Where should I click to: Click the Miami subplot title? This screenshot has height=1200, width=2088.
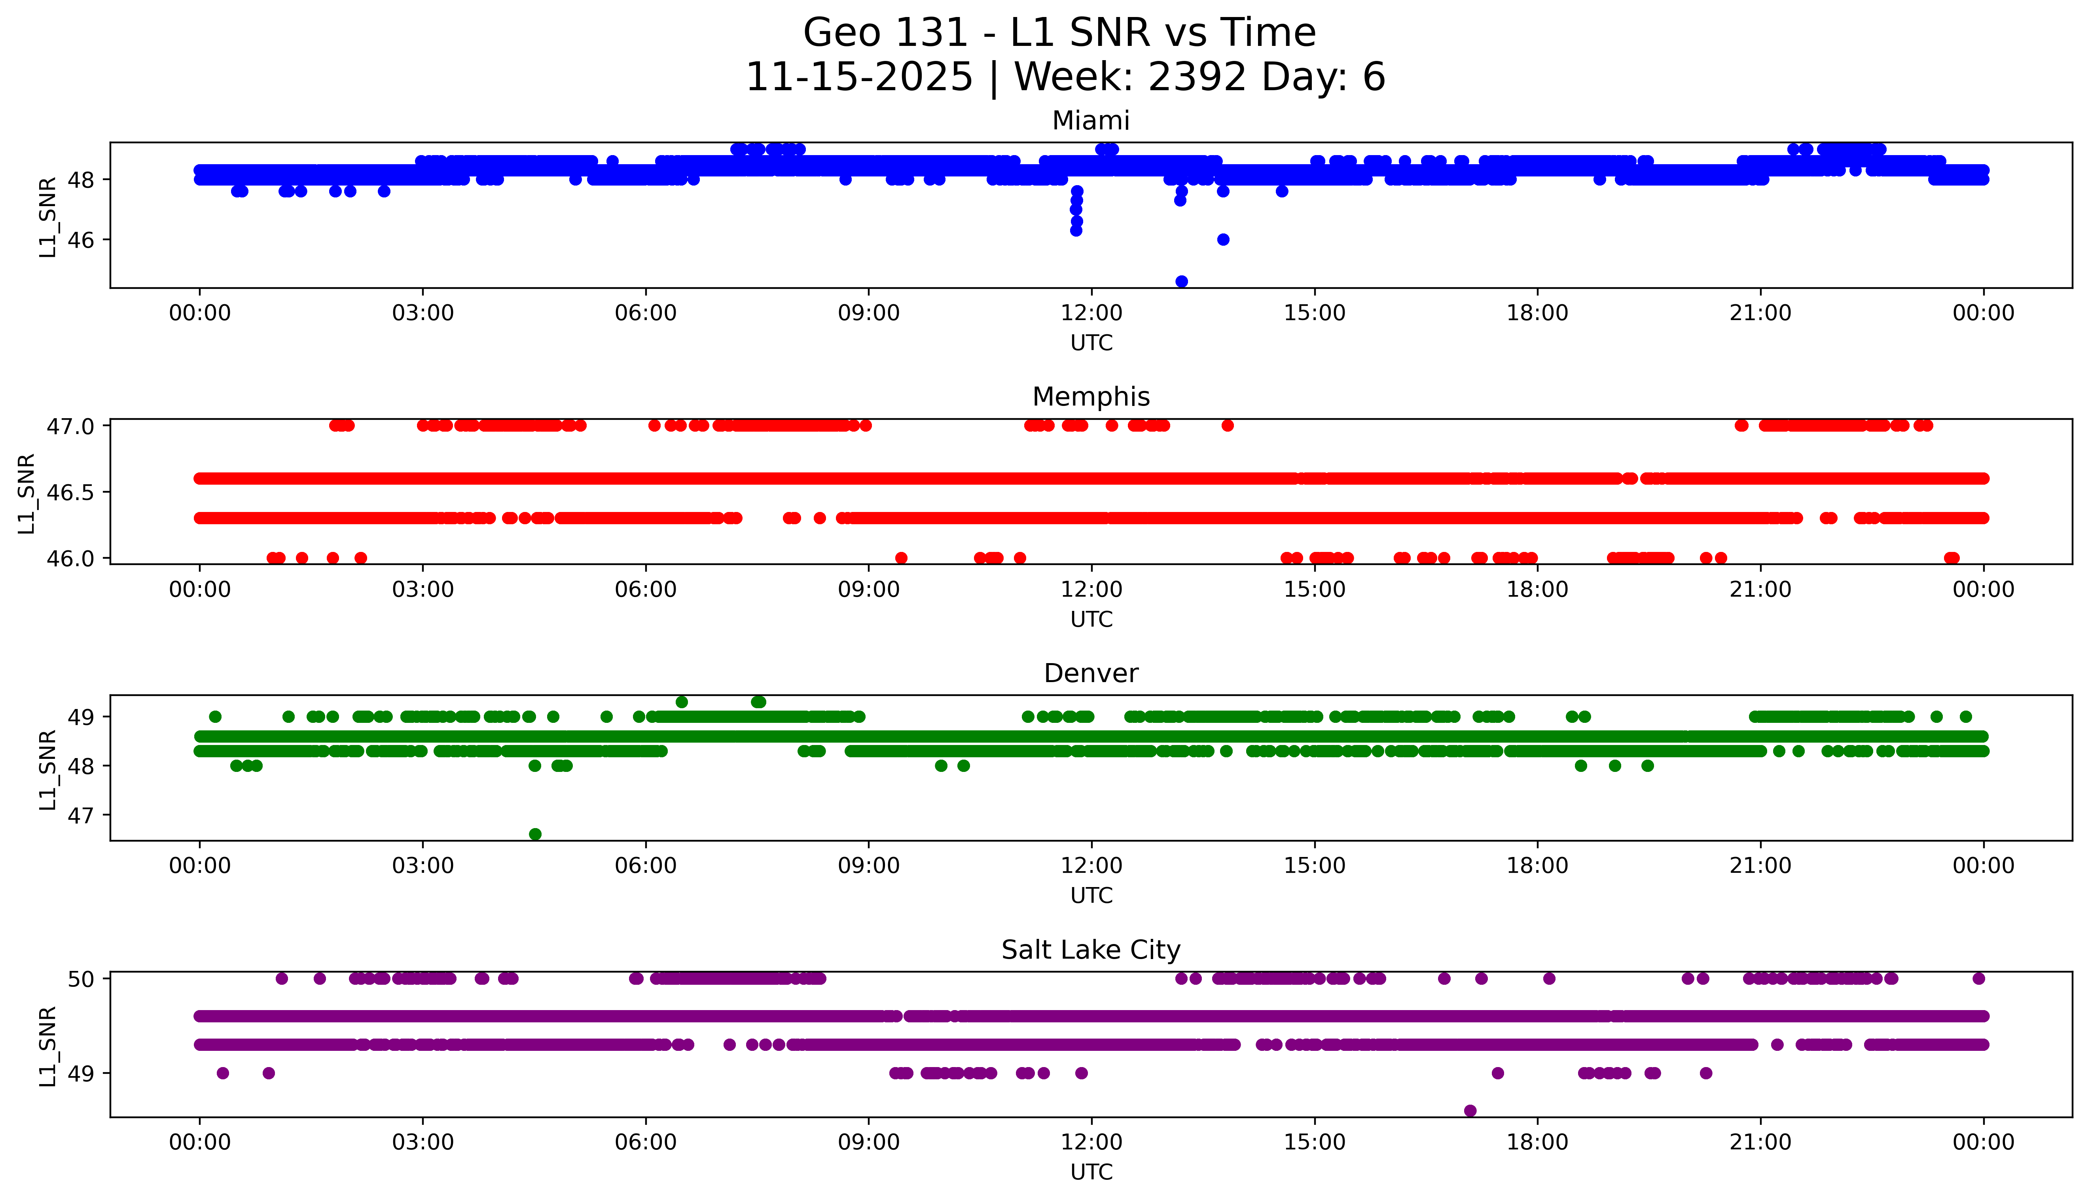(x=1090, y=121)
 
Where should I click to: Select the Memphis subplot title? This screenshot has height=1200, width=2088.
(x=1090, y=397)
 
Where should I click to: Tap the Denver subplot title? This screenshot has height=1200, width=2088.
(x=1090, y=673)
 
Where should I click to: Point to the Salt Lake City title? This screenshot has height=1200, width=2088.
(x=1090, y=950)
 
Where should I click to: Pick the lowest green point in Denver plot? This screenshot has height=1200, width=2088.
(x=535, y=834)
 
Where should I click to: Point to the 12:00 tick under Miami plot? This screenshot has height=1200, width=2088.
(x=1091, y=313)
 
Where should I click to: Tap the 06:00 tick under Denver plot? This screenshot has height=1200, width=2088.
(x=645, y=865)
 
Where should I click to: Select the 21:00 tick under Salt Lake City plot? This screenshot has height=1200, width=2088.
(x=1760, y=1142)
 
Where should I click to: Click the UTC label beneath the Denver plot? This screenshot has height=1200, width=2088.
(x=1091, y=895)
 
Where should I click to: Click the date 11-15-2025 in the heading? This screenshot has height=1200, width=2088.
(x=858, y=78)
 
